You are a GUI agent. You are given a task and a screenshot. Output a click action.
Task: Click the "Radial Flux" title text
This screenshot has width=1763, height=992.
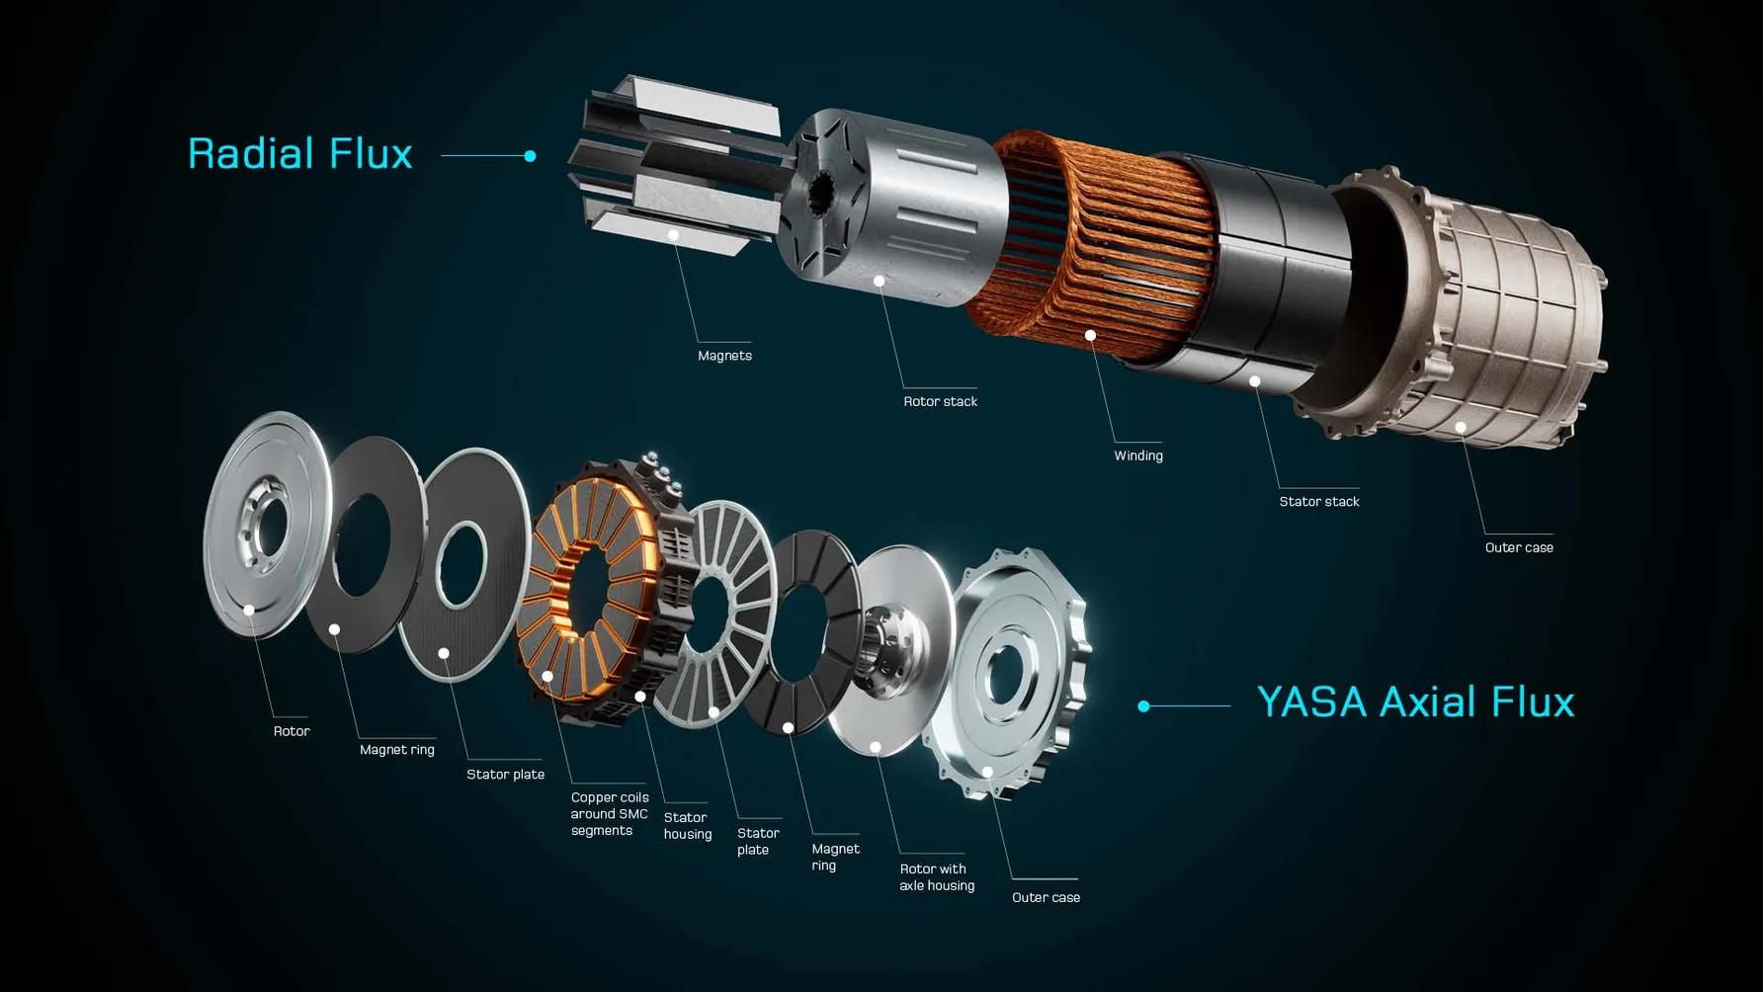[x=299, y=154]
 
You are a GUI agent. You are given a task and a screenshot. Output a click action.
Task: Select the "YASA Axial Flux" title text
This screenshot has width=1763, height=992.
[x=1415, y=702]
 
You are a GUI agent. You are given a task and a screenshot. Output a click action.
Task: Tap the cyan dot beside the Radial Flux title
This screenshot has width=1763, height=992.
[x=531, y=156]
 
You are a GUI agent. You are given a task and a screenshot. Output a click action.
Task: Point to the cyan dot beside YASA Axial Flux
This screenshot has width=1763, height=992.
[x=1143, y=705]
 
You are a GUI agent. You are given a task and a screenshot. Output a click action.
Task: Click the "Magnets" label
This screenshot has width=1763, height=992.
[x=724, y=356]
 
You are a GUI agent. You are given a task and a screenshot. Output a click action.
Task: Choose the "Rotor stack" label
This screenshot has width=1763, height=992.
[x=940, y=401]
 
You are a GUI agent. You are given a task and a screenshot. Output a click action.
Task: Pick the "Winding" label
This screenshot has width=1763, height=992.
[x=1138, y=455]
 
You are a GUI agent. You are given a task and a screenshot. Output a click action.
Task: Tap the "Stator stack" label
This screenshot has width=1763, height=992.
[x=1319, y=502]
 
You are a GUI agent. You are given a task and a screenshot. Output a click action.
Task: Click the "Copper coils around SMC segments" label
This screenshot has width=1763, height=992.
[x=610, y=814]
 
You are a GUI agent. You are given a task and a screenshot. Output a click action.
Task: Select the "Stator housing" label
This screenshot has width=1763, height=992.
[x=688, y=826]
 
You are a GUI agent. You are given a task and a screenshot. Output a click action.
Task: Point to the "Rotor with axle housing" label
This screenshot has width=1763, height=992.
[x=937, y=877]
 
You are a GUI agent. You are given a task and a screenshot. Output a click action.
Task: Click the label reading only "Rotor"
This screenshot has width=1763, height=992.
[x=292, y=731]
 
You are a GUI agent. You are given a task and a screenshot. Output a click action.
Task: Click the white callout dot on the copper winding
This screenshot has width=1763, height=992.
[x=1090, y=336]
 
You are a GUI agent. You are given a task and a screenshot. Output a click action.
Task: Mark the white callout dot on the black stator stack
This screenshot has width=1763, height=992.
[x=1254, y=381]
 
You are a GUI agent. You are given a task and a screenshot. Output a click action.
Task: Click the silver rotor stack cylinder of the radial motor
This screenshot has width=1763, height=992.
[x=889, y=207]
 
